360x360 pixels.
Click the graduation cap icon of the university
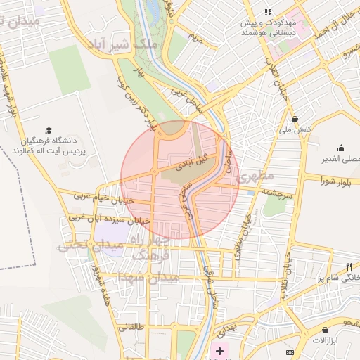coord(49,130)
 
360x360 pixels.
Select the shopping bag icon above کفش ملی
coord(295,119)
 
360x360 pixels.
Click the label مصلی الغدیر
coord(340,160)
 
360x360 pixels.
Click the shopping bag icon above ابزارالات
coord(325,330)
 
